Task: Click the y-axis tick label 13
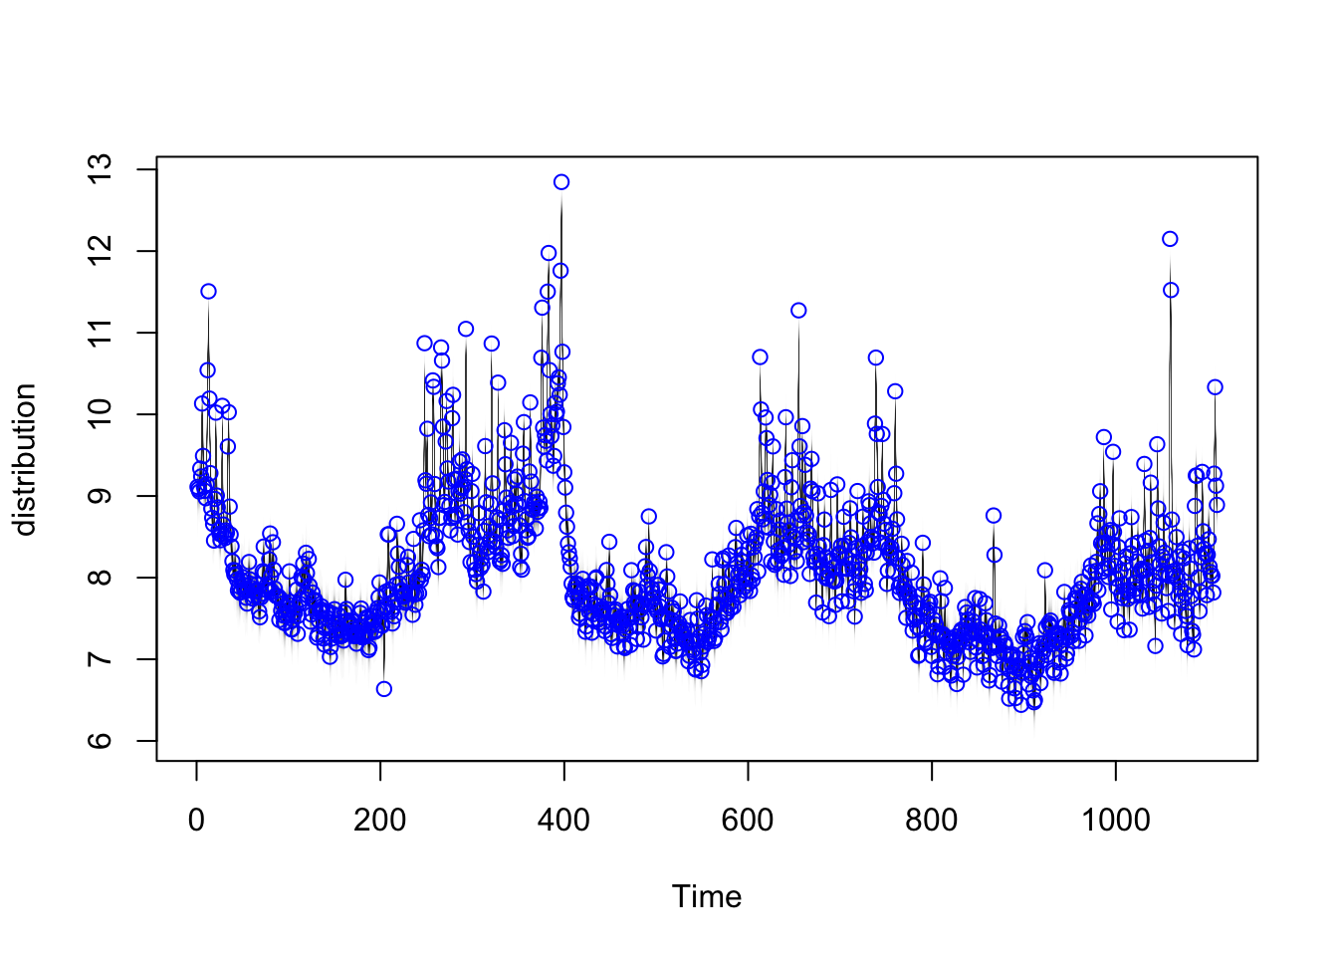pyautogui.click(x=100, y=169)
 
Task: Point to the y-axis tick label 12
pyautogui.click(x=100, y=251)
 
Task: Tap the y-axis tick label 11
pyautogui.click(x=100, y=333)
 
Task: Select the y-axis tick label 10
pyautogui.click(x=100, y=414)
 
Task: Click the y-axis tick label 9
pyautogui.click(x=100, y=496)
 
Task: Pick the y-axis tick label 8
pyautogui.click(x=100, y=578)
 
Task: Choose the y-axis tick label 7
pyautogui.click(x=100, y=659)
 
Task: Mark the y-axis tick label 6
pyautogui.click(x=100, y=741)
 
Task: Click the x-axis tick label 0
pyautogui.click(x=196, y=821)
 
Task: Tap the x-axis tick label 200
pyautogui.click(x=380, y=821)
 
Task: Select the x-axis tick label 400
pyautogui.click(x=563, y=821)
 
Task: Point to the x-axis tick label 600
pyautogui.click(x=748, y=821)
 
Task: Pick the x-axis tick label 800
pyautogui.click(x=932, y=821)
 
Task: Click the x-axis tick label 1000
pyautogui.click(x=1116, y=821)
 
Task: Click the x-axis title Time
pyautogui.click(x=707, y=897)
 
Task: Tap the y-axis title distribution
pyautogui.click(x=25, y=460)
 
